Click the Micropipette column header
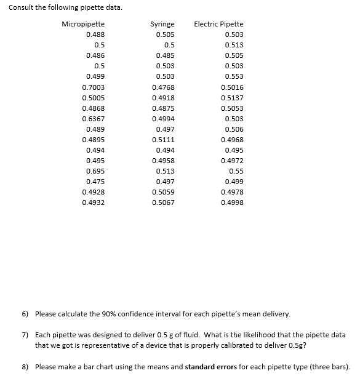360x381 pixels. (83, 24)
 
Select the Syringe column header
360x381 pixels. (162, 24)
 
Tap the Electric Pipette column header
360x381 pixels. (218, 24)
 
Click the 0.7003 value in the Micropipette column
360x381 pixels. (93, 87)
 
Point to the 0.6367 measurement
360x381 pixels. (93, 119)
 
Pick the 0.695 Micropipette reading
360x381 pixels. (95, 170)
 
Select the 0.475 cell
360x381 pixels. (95, 182)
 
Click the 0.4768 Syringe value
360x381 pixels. (163, 87)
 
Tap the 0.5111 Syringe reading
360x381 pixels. (163, 140)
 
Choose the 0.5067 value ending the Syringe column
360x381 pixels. (163, 203)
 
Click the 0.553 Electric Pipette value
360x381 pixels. (234, 76)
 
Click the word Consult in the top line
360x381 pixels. (20, 7)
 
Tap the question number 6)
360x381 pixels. (25, 314)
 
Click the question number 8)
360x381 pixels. (25, 367)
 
